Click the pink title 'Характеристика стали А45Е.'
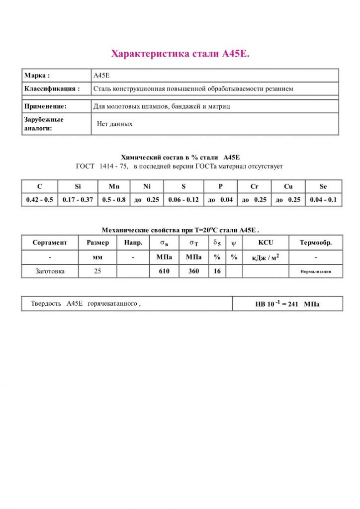pyautogui.click(x=180, y=54)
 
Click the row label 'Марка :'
pyautogui.click(x=37, y=76)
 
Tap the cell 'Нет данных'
pyautogui.click(x=115, y=124)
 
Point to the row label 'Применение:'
pyautogui.click(x=45, y=106)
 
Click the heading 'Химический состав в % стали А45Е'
pyautogui.click(x=180, y=157)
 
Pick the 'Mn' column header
pyautogui.click(x=114, y=186)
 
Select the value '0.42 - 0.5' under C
pyautogui.click(x=40, y=199)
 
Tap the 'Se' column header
pyautogui.click(x=323, y=186)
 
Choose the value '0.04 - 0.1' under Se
pyautogui.click(x=323, y=199)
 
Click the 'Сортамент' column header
pyautogui.click(x=50, y=243)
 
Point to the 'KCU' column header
pyautogui.click(x=266, y=243)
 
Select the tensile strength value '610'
pyautogui.click(x=164, y=271)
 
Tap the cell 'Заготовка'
pyautogui.click(x=50, y=271)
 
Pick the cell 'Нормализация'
pyautogui.click(x=316, y=272)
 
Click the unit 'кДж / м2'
pyautogui.click(x=266, y=257)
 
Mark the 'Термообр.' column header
pyautogui.click(x=316, y=243)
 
